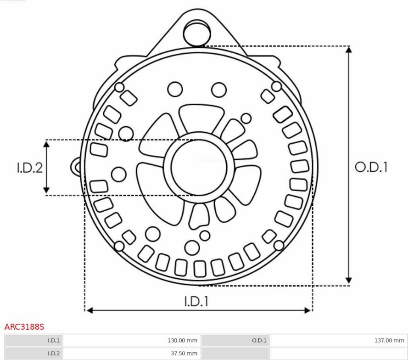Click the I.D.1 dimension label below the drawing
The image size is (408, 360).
click(196, 301)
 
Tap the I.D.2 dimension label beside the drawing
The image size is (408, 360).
click(30, 168)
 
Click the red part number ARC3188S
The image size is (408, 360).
click(24, 326)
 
